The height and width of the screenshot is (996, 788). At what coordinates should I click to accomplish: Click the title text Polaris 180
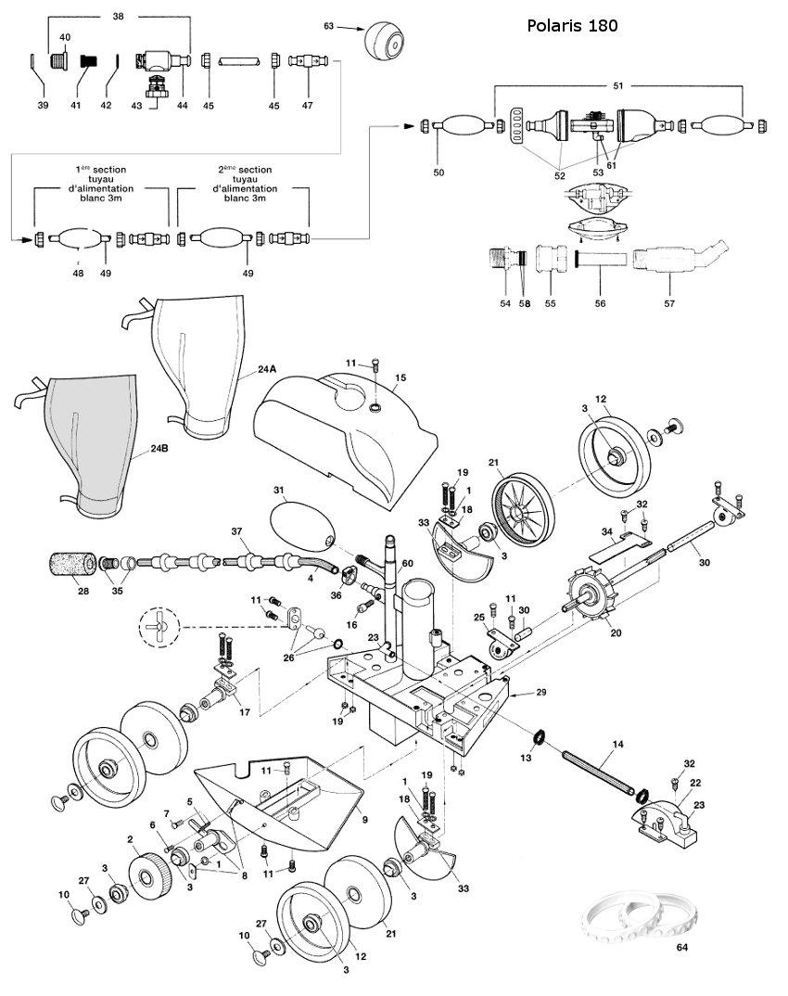pyautogui.click(x=572, y=25)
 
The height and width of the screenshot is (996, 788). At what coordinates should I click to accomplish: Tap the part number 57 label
pyautogui.click(x=669, y=303)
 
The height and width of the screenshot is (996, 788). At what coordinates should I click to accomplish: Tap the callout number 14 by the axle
pyautogui.click(x=617, y=744)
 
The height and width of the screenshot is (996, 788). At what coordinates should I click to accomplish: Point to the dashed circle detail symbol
pyautogui.click(x=159, y=626)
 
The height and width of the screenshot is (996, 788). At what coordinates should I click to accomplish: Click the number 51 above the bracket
pyautogui.click(x=617, y=85)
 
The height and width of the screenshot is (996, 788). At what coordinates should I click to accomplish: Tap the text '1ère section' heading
pyautogui.click(x=101, y=170)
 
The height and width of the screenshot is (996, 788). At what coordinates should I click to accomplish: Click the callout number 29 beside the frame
pyautogui.click(x=541, y=692)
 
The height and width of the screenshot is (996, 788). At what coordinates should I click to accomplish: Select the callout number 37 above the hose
pyautogui.click(x=236, y=531)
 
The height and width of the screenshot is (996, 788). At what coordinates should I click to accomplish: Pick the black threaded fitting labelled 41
pyautogui.click(x=87, y=61)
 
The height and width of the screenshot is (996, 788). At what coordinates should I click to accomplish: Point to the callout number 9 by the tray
pyautogui.click(x=365, y=820)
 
